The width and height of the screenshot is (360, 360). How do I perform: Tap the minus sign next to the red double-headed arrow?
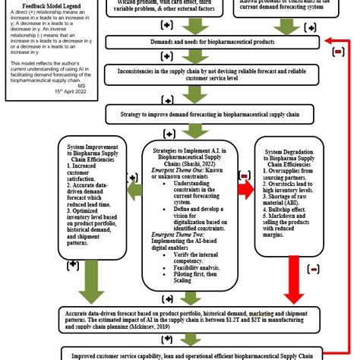pos(244,175)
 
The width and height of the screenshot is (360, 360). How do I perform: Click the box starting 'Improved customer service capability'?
pos(196,354)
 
